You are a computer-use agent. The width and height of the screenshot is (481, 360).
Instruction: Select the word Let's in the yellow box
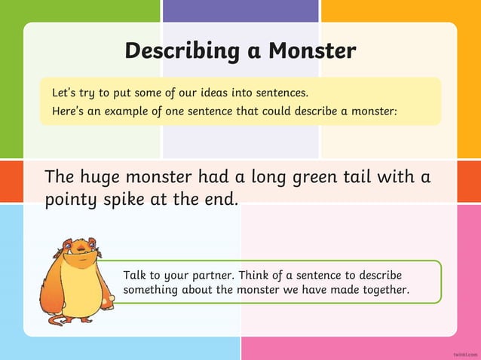click(65, 93)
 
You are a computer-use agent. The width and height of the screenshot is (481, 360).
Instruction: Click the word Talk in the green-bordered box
click(135, 274)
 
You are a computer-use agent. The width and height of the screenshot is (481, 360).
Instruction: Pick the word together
click(381, 289)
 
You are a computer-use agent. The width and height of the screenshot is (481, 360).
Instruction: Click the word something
click(150, 290)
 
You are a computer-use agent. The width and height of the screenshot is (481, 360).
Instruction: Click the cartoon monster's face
click(79, 253)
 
